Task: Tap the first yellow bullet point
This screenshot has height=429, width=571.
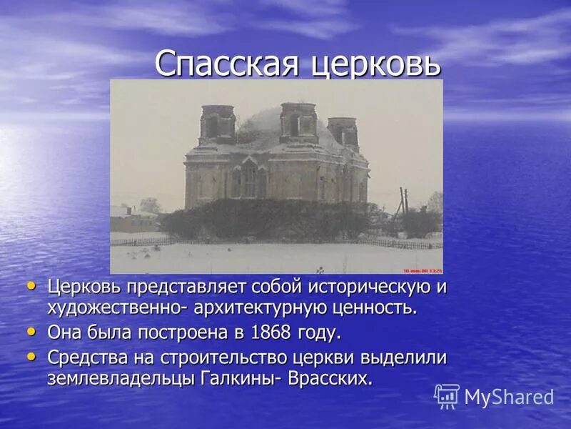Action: (31, 285)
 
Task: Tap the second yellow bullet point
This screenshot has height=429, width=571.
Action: (31, 331)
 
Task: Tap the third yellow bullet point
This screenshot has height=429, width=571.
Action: (31, 355)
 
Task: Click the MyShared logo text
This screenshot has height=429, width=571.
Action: (509, 397)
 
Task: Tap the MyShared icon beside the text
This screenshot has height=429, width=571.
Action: (447, 396)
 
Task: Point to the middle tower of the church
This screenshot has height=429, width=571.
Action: (298, 122)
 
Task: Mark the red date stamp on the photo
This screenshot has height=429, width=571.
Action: (423, 270)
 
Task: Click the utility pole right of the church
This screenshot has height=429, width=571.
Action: (404, 204)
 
